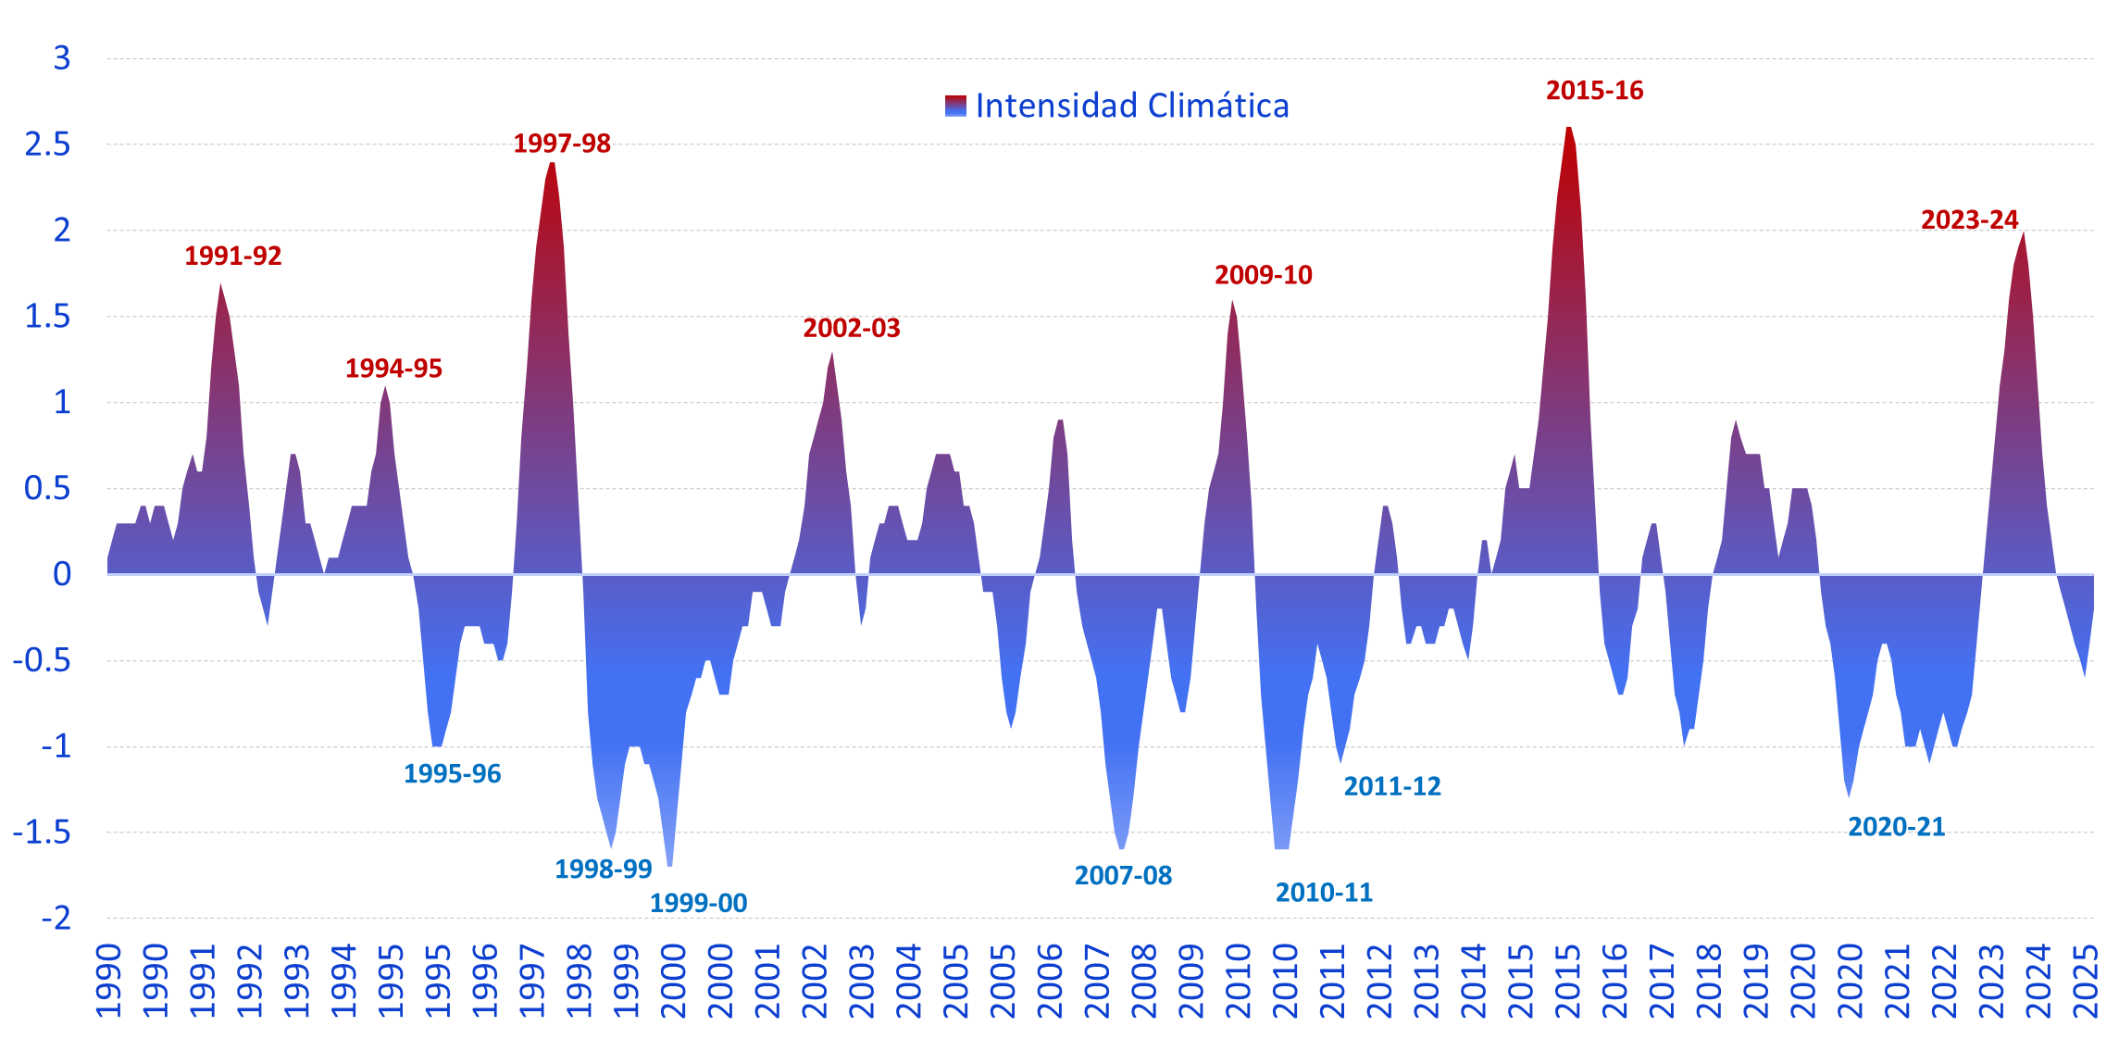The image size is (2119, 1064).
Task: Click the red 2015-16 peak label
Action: (x=1594, y=91)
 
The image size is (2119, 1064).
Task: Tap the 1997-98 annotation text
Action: (x=562, y=144)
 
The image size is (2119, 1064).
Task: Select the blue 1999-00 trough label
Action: (x=698, y=903)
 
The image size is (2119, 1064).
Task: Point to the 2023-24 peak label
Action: (x=1969, y=220)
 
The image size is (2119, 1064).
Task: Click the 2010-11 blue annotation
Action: (x=1324, y=893)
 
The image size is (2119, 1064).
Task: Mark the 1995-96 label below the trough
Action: (x=452, y=774)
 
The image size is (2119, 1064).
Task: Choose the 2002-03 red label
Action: (x=851, y=329)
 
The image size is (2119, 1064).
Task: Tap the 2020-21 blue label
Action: (x=1896, y=827)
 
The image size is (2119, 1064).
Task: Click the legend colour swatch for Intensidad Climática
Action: (x=955, y=106)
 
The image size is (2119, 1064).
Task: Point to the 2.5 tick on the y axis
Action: (x=47, y=144)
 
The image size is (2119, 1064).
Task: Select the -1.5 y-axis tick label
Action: (x=42, y=832)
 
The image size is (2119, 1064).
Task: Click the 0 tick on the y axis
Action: (x=61, y=574)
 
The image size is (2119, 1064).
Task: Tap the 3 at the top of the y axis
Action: (x=61, y=58)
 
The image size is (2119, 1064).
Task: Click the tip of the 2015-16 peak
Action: (x=1569, y=128)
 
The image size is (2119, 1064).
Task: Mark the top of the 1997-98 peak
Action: (x=552, y=164)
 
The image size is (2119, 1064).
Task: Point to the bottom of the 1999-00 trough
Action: (x=669, y=865)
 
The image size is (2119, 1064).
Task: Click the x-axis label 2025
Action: (x=2086, y=982)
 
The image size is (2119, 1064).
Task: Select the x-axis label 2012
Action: (x=1379, y=982)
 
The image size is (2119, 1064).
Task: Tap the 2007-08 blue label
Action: (x=1123, y=876)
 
